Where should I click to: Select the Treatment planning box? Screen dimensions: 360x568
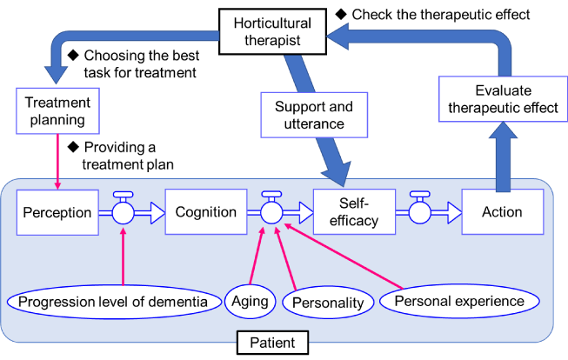point(55,111)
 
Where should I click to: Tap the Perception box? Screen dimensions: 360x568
point(57,212)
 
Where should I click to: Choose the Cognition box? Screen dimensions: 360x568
point(206,212)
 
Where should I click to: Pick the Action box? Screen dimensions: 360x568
point(502,212)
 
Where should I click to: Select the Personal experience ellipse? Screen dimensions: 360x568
point(459,301)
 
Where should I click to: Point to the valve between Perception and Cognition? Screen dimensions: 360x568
point(124,212)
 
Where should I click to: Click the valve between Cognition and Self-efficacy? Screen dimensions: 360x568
point(272,212)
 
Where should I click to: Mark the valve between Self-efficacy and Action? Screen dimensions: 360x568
point(421,212)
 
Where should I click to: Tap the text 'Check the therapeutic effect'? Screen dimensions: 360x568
point(438,14)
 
